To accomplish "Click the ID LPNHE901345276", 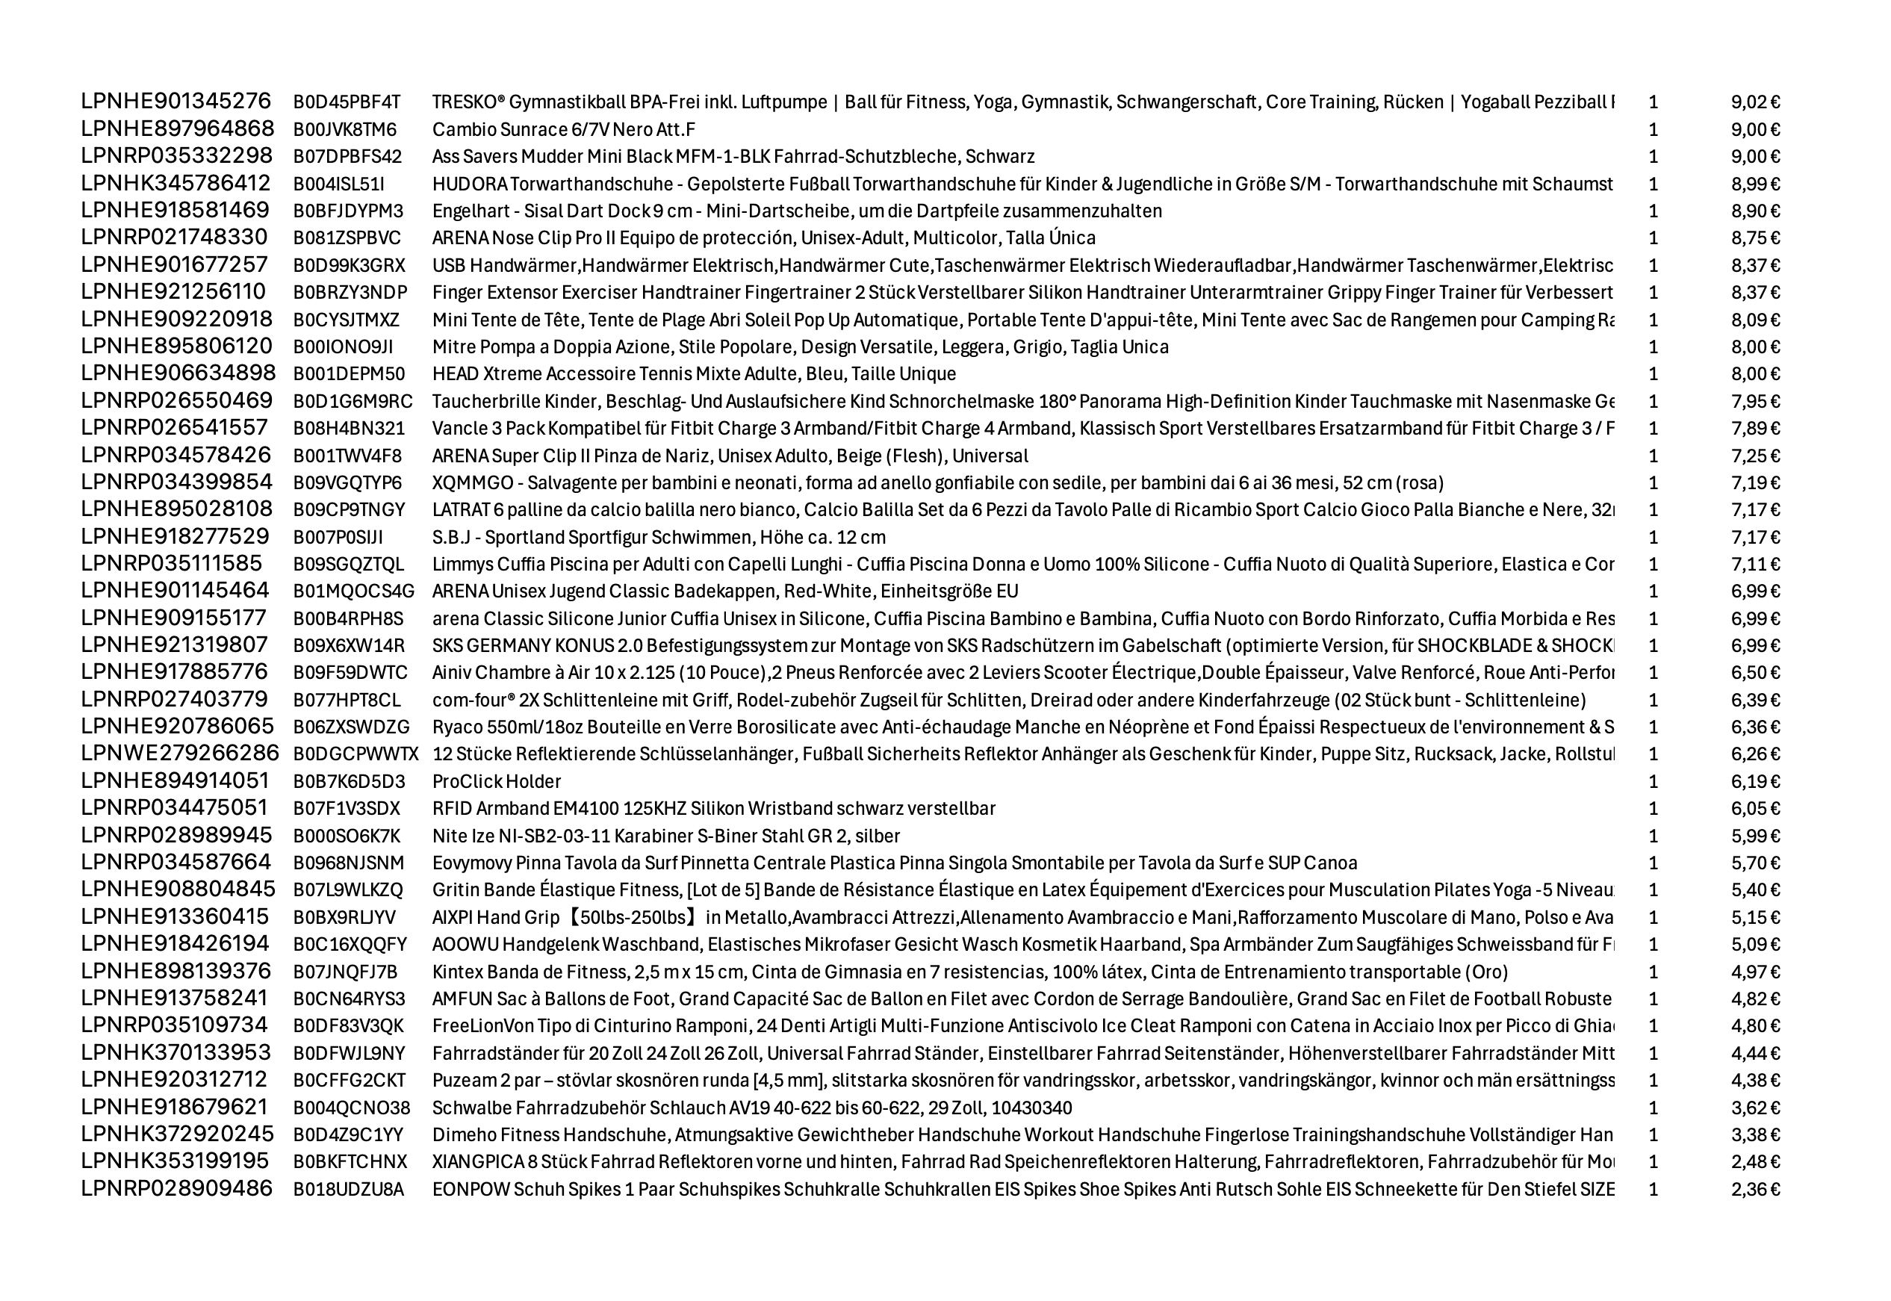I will pos(176,101).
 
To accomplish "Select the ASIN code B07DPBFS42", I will pos(347,157).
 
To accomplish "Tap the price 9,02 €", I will pos(1755,102).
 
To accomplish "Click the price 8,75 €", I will pos(1755,238).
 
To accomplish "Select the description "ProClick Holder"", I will pos(497,782).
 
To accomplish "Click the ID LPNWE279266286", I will pos(179,754).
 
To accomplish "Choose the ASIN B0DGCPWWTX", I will pos(355,754).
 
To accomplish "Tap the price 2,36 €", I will pos(1755,1189).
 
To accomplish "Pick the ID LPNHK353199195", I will pos(176,1161).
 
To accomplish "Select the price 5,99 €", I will pos(1755,836).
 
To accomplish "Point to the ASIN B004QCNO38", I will pos(351,1108).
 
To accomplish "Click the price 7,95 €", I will pos(1755,401).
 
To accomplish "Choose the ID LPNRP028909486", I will pos(176,1188).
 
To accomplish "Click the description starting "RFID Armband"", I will pos(713,809).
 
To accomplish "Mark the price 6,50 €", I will pos(1755,672).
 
